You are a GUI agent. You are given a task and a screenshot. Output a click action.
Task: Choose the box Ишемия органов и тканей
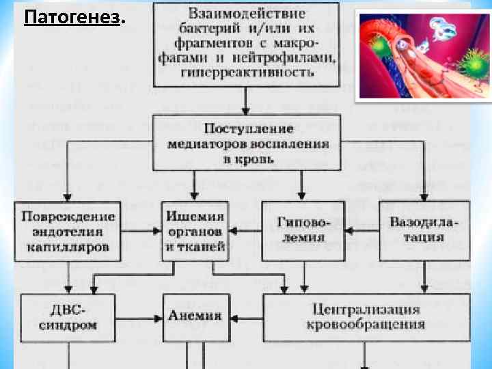tap(195, 231)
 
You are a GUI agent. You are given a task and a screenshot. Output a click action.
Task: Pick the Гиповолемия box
tap(302, 231)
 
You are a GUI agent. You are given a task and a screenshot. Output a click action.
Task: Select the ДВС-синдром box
tap(67, 317)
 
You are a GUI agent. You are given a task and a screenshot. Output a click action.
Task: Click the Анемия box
tap(195, 316)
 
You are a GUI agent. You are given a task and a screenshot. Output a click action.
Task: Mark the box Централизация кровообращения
tap(366, 316)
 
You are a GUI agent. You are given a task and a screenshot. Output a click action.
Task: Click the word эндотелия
tap(67, 232)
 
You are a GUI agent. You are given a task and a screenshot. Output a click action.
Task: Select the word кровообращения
tap(366, 325)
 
